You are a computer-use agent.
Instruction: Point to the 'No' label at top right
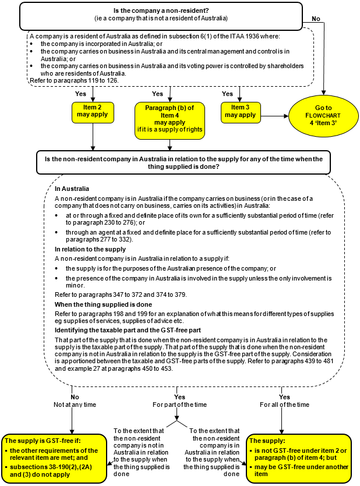click(316, 19)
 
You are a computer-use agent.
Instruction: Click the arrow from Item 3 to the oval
click(273, 116)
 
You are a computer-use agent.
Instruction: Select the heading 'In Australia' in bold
click(72, 189)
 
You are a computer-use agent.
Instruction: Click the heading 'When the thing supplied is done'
click(103, 304)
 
